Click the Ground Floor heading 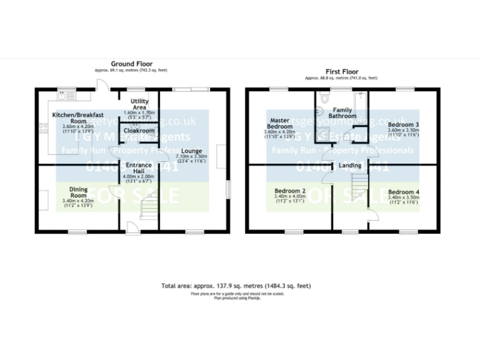131,64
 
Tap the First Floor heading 341,72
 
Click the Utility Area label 139,104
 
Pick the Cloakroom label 139,131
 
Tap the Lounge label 192,151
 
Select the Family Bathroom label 342,113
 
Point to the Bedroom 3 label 403,124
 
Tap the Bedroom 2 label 290,191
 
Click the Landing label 349,165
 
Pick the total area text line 236,286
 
